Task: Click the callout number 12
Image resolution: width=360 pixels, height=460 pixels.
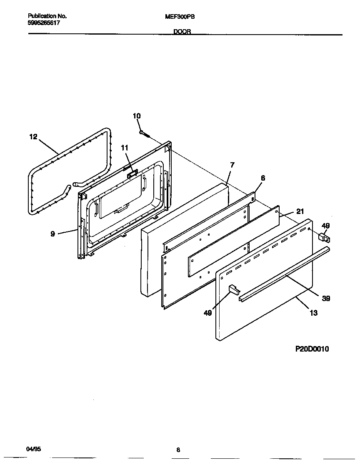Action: [33, 136]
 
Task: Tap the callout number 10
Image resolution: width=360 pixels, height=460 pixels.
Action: [137, 116]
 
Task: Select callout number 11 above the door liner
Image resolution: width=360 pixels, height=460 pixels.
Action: [125, 148]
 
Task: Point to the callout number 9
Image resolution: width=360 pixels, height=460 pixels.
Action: [52, 234]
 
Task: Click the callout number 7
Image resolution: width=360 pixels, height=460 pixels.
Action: [232, 165]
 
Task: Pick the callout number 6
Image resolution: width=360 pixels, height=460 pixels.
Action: [262, 178]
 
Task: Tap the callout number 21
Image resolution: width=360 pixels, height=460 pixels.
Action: [300, 211]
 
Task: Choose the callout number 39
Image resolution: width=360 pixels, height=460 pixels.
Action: [326, 298]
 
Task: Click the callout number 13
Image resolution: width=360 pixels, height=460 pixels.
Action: [313, 312]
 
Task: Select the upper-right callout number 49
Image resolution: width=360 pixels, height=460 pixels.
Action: [326, 226]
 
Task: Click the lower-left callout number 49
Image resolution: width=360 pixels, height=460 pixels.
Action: [207, 313]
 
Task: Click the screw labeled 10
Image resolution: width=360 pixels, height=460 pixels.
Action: [144, 133]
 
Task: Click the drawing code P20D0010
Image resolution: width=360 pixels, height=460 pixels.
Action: [312, 349]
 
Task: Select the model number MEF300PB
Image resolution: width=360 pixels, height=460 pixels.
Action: [180, 17]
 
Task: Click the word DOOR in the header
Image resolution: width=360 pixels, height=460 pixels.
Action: [182, 31]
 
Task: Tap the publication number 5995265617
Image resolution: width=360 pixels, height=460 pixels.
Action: [43, 23]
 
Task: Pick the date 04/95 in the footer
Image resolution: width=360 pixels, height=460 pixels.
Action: [33, 449]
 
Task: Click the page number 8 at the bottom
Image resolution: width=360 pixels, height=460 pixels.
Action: [178, 450]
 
